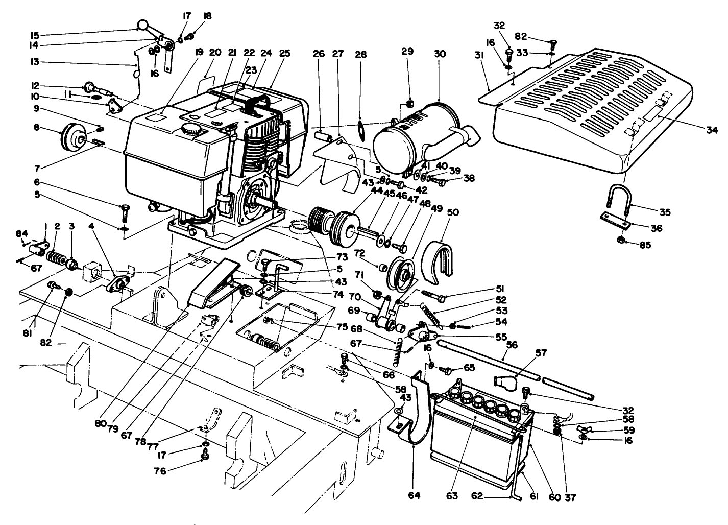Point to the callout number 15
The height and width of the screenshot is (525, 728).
point(35,35)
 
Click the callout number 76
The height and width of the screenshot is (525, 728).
point(160,471)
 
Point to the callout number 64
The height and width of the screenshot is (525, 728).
point(414,495)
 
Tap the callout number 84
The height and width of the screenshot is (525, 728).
point(21,233)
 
